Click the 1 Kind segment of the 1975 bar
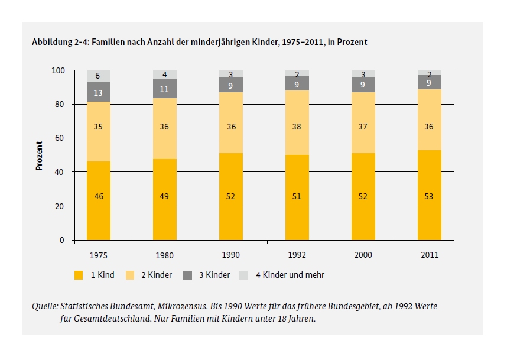click(99, 201)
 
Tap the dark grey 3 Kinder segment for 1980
click(165, 89)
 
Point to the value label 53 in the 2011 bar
click(429, 196)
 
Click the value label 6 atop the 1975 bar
click(99, 76)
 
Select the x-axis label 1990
click(231, 256)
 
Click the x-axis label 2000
click(363, 256)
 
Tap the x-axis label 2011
click(429, 256)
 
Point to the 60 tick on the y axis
click(60, 138)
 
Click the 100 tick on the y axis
click(57, 70)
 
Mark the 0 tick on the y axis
click(61, 241)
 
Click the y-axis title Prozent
click(40, 155)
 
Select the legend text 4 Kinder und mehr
click(290, 275)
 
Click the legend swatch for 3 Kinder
click(188, 275)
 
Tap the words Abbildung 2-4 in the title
click(56, 43)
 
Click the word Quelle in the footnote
click(44, 307)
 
